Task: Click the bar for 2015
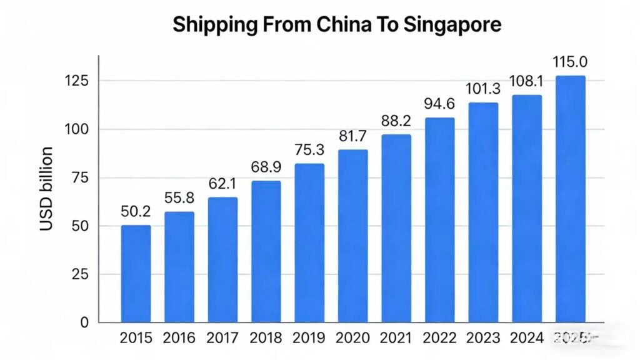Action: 136,274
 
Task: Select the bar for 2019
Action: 309,243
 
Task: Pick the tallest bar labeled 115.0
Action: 570,199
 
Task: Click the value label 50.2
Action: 136,212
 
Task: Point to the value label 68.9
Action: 266,168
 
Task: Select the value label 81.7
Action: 352,136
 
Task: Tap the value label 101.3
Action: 483,89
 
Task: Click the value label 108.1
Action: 526,81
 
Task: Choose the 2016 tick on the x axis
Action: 179,338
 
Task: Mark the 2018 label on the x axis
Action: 266,338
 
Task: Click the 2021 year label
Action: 396,338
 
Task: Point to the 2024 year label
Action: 526,338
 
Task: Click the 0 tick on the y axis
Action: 85,322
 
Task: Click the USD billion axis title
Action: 47,188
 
